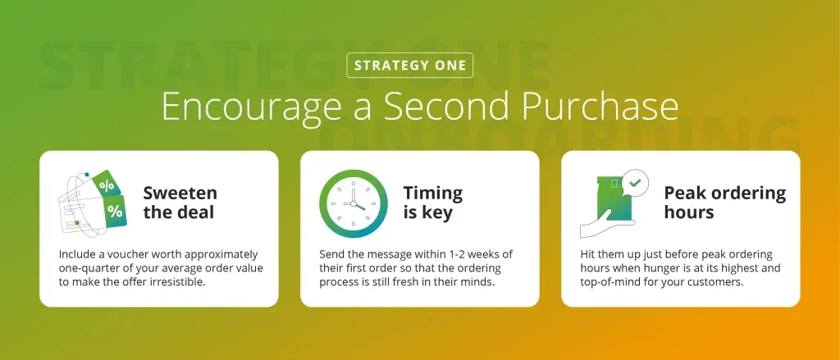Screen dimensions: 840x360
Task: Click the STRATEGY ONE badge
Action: (x=410, y=66)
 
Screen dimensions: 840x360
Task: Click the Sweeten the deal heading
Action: (x=180, y=203)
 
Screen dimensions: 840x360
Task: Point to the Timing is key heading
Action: (x=433, y=203)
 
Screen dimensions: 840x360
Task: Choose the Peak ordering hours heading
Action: (x=725, y=203)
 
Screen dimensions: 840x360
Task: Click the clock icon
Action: (x=354, y=203)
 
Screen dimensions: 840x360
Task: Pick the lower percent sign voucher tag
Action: (x=113, y=212)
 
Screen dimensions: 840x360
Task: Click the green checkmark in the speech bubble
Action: (x=636, y=183)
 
